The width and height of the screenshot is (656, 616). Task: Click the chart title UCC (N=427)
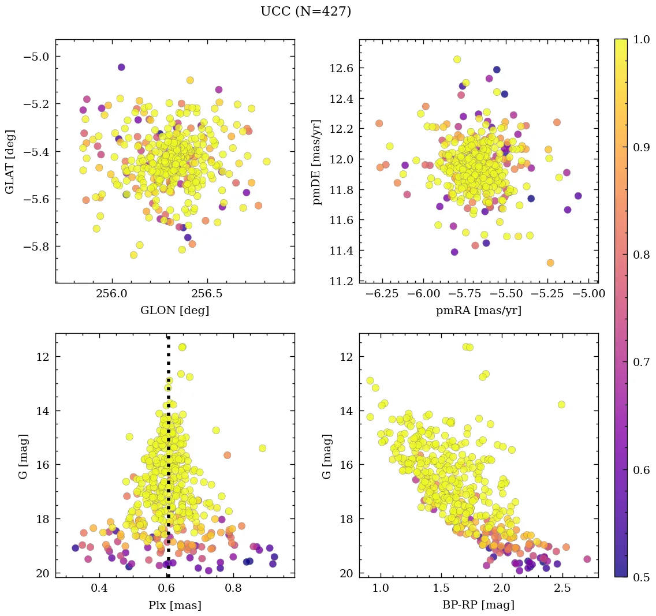305,12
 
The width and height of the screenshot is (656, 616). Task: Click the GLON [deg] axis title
174,311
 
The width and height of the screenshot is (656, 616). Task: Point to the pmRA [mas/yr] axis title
478,311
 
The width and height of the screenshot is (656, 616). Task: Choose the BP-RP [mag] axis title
478,605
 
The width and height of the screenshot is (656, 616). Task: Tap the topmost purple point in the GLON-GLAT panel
121,67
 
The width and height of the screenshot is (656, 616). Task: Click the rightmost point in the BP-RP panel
587,559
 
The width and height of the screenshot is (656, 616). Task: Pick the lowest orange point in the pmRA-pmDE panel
550,263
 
